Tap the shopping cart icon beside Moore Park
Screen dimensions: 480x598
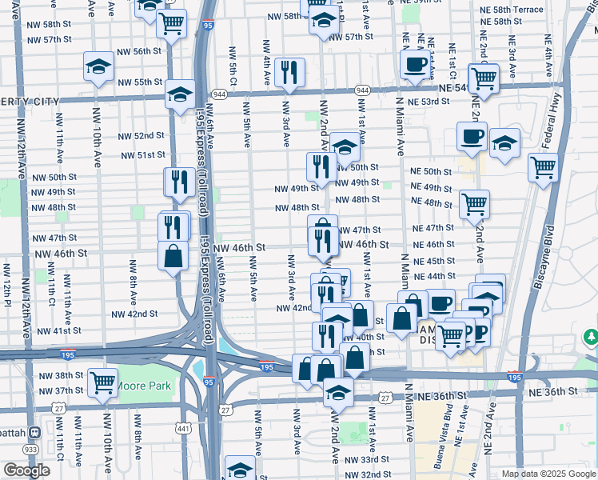point(102,382)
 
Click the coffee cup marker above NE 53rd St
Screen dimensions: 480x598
point(414,65)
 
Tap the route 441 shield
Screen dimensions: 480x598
point(185,429)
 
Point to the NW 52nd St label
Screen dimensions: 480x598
point(143,136)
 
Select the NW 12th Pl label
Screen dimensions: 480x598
point(6,285)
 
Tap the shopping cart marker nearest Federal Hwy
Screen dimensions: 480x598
point(543,167)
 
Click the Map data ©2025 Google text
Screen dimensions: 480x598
point(548,474)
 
